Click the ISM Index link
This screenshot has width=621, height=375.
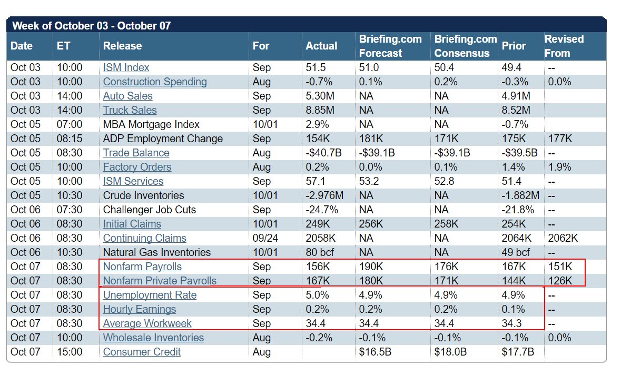coord(126,67)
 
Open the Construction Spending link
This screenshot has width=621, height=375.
coord(155,82)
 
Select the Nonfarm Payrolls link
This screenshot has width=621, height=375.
coord(142,267)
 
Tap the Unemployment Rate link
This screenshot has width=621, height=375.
coord(150,295)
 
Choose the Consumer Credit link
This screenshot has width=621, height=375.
coord(142,352)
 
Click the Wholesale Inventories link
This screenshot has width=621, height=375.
coord(153,338)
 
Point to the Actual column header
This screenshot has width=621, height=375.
coord(321,46)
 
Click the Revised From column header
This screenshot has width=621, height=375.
coord(564,46)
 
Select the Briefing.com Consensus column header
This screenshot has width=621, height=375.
coord(465,46)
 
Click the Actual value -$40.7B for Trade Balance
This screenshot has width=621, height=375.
coord(323,153)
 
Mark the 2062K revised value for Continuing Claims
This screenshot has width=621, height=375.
coord(563,238)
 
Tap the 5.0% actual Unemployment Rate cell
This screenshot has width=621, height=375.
coord(318,295)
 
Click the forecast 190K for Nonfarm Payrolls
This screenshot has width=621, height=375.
coord(370,267)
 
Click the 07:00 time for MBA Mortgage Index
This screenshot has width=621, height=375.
coord(70,124)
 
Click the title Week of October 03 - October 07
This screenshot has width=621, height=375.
coord(92,26)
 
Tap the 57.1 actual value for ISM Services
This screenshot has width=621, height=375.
coord(316,181)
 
